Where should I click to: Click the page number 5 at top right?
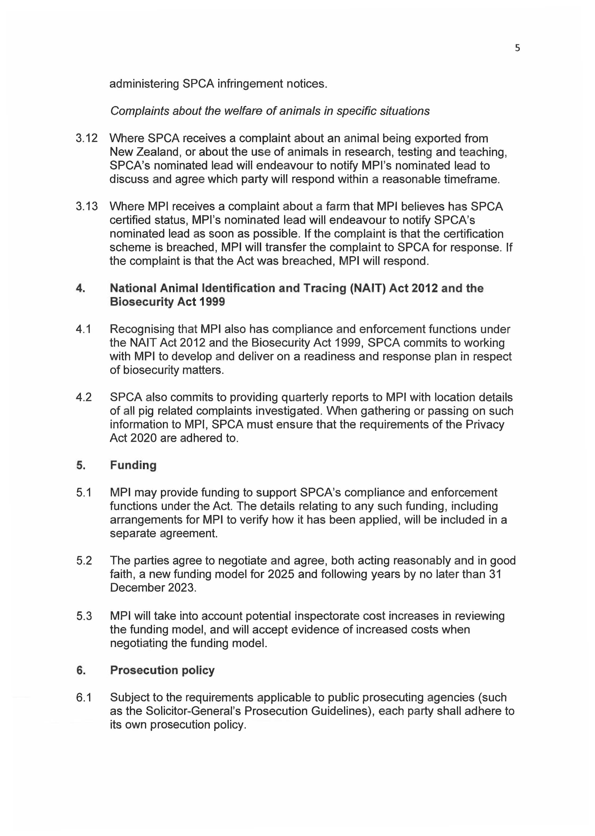(517, 48)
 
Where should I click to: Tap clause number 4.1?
(84, 329)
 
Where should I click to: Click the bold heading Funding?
(133, 465)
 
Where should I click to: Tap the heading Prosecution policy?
(162, 670)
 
